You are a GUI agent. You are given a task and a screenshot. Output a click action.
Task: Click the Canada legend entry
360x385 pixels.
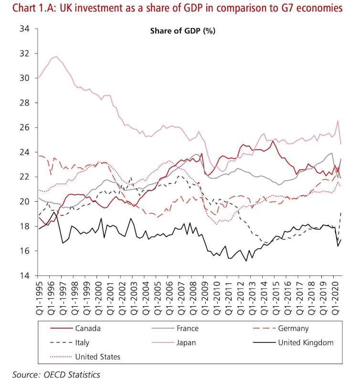88,328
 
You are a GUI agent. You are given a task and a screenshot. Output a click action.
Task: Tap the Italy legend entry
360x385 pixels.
82,342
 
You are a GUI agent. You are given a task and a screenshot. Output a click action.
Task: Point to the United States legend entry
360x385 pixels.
97,356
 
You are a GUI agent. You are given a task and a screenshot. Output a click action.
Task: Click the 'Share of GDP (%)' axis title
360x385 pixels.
183,31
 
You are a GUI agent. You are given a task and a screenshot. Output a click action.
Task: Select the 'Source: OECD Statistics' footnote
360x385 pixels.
56,375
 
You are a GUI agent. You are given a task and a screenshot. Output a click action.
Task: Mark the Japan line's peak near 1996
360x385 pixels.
56,57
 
